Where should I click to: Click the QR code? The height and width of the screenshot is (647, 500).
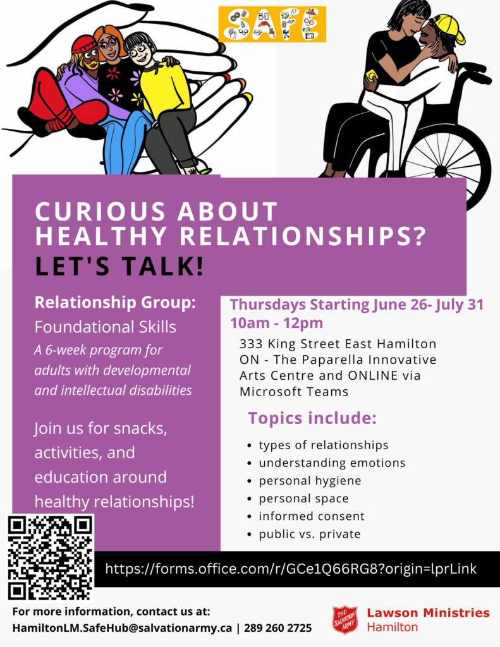51,558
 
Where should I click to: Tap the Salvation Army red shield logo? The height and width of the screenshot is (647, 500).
345,619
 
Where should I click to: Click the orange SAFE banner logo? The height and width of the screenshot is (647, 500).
272,24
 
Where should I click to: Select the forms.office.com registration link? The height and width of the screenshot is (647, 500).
291,569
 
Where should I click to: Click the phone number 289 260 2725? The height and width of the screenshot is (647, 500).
278,628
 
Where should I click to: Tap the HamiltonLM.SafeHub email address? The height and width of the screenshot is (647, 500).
122,628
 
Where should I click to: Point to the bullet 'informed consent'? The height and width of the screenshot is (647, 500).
312,516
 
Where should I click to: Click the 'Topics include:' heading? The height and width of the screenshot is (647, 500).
312,418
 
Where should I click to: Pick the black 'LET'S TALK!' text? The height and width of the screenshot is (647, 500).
119,266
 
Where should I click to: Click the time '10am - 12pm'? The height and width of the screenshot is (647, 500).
277,323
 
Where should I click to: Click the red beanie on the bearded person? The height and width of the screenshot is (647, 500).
85,44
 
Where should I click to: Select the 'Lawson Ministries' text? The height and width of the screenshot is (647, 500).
428,613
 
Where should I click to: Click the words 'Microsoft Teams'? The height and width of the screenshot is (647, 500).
294,391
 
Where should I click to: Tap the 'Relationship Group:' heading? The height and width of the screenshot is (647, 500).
115,303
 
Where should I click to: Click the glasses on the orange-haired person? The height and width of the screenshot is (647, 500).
109,44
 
